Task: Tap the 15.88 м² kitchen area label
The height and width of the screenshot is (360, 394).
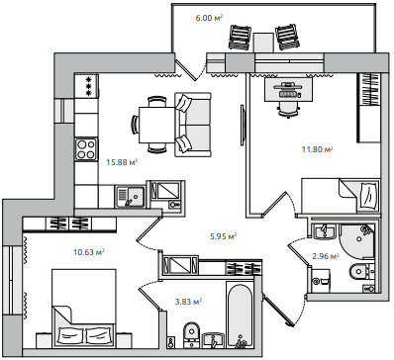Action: click(122, 162)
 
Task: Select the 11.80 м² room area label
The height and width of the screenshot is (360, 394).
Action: click(317, 149)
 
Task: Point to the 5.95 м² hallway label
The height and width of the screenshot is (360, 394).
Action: click(224, 236)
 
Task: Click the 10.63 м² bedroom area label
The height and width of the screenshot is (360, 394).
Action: click(89, 252)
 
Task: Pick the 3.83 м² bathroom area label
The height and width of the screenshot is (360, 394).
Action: click(188, 302)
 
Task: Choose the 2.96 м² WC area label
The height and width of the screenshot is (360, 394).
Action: click(326, 256)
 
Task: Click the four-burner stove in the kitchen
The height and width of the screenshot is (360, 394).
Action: click(86, 149)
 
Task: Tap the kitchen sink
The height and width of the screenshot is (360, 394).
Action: click(131, 197)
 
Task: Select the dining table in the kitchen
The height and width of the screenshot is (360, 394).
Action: click(156, 125)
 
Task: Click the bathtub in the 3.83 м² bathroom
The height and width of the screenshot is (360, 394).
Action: click(240, 315)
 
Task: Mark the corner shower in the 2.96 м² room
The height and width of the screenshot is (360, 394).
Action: click(357, 242)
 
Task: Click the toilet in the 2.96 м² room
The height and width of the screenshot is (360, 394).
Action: click(362, 271)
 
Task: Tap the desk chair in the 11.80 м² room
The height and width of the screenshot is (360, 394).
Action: click(289, 109)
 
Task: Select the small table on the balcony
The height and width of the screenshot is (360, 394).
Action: click(264, 43)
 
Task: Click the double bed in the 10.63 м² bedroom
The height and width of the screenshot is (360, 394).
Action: click(84, 309)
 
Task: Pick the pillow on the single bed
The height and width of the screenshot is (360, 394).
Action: click(368, 195)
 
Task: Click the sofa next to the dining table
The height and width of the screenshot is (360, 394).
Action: click(193, 125)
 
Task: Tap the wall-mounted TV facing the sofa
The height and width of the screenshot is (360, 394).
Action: click(243, 125)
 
